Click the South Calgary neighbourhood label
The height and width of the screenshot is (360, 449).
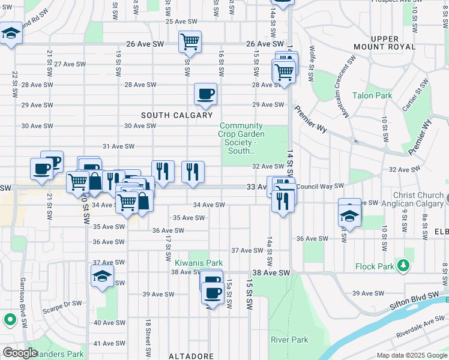176,115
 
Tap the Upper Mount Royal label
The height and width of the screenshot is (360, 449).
393,43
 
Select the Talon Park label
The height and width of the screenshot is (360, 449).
372,95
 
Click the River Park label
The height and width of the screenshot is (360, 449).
289,340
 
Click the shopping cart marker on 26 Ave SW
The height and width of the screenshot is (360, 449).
190,41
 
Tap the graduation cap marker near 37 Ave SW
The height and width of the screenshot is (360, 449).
102,277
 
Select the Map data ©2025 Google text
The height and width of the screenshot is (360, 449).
412,355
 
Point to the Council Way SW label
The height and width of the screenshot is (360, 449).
320,187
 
